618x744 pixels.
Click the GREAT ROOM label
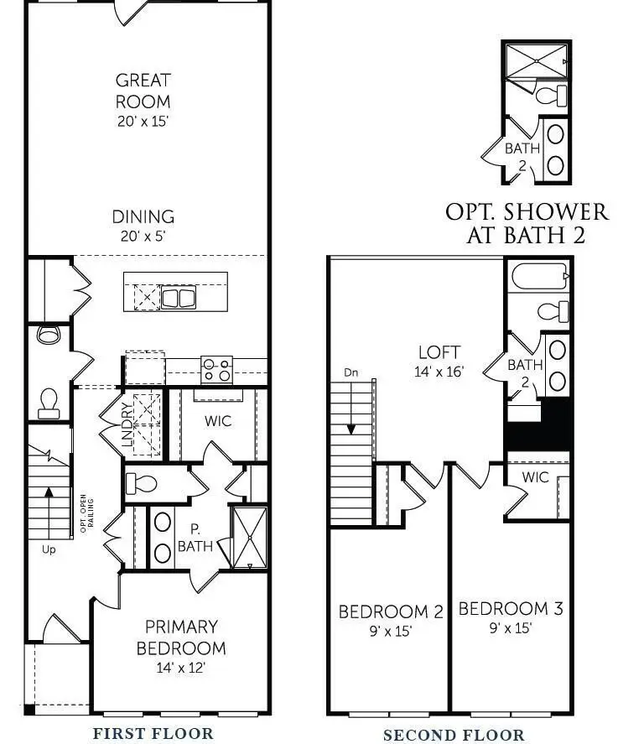pos(143,91)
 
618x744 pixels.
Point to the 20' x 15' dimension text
pos(143,121)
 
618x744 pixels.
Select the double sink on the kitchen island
pos(178,297)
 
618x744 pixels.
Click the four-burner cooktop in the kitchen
pos(216,369)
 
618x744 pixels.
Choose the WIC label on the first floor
pos(217,420)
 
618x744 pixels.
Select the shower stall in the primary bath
pos(249,536)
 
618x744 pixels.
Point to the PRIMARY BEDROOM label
pos(181,637)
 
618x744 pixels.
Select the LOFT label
pos(439,352)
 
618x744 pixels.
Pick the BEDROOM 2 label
pos(390,611)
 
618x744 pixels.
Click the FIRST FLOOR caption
pos(153,733)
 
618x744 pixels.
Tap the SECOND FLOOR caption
pos(454,735)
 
